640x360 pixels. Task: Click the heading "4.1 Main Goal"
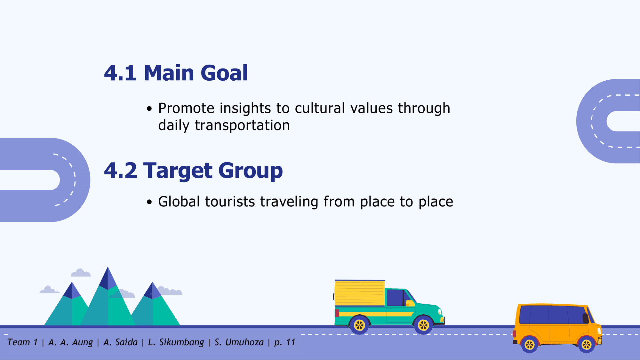(x=176, y=73)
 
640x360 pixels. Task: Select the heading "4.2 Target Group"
(x=194, y=171)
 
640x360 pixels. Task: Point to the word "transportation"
(x=242, y=125)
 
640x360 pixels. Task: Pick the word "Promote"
(x=186, y=108)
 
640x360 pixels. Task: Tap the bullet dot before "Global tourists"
(x=149, y=202)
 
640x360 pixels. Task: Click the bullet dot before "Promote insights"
(x=149, y=109)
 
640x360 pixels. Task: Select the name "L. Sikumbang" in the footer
(x=176, y=342)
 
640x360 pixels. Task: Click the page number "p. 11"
(x=285, y=342)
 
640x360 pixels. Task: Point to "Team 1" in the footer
(x=22, y=342)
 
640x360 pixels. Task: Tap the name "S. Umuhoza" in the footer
(x=239, y=342)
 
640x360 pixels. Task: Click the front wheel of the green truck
(x=423, y=325)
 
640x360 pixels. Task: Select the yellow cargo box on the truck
(x=360, y=293)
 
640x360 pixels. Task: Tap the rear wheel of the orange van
(x=530, y=345)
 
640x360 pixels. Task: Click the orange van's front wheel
(x=587, y=345)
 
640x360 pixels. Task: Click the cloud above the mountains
(x=81, y=273)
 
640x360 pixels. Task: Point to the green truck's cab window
(x=395, y=298)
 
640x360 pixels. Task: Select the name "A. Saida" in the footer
(x=120, y=342)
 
